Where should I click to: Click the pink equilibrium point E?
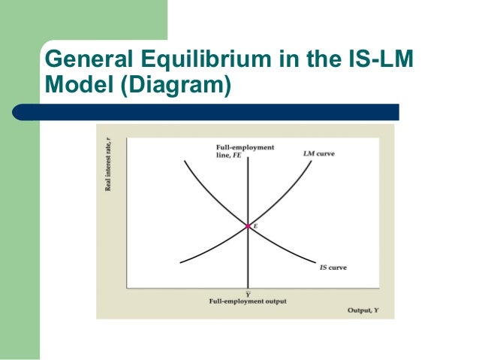248,225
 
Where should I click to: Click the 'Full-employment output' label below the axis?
248,301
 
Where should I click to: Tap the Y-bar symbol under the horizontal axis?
248,293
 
